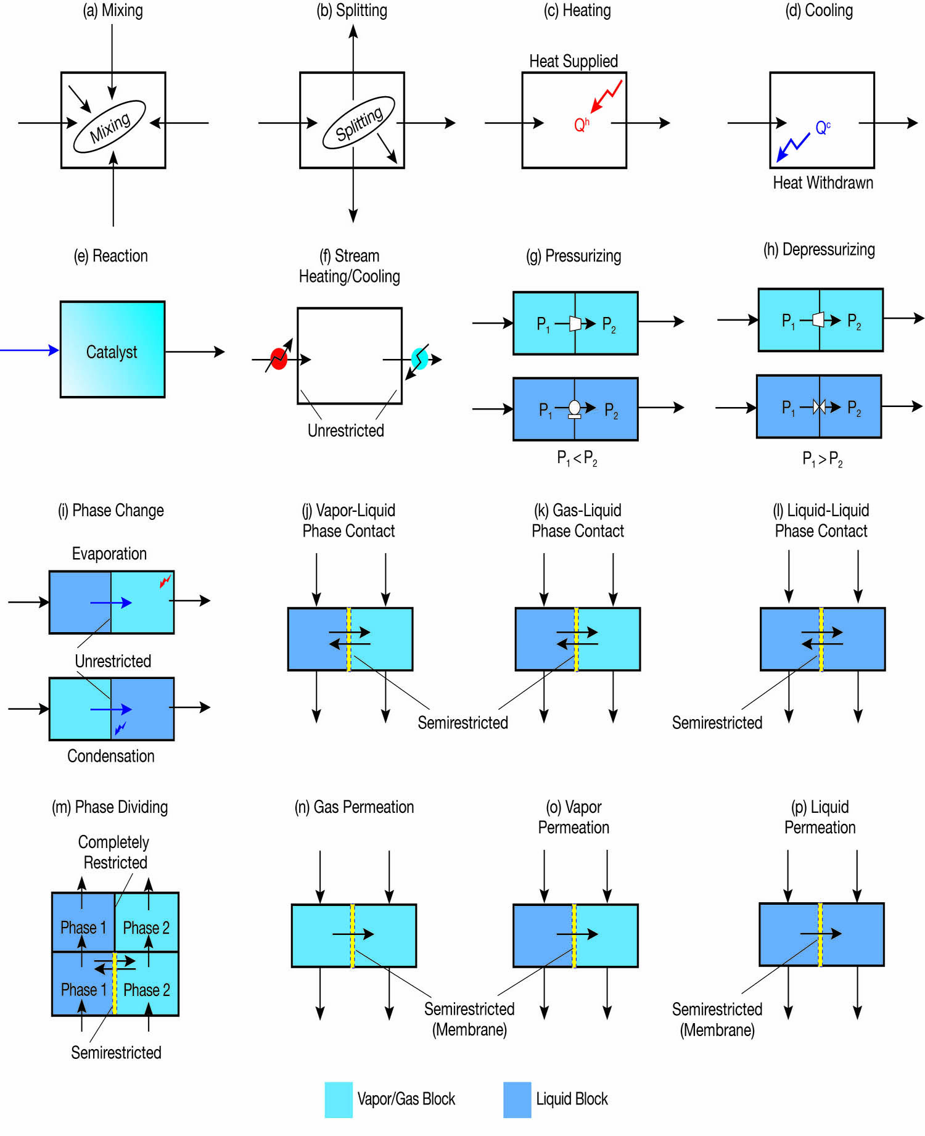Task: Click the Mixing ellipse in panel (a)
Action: pyautogui.click(x=110, y=126)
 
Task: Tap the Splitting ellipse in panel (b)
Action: pyautogui.click(x=359, y=123)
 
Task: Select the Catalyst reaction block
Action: pyautogui.click(x=112, y=350)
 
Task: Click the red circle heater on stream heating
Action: pyautogui.click(x=279, y=358)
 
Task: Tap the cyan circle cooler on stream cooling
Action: pyautogui.click(x=419, y=358)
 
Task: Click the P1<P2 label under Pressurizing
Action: pyautogui.click(x=577, y=458)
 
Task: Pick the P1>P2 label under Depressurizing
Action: pyautogui.click(x=822, y=459)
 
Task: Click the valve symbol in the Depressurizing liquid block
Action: pyautogui.click(x=819, y=406)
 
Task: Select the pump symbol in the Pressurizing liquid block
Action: pyautogui.click(x=574, y=408)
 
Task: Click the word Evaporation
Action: pyautogui.click(x=109, y=553)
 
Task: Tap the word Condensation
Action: pyautogui.click(x=111, y=756)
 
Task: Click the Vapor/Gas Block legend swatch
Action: pyautogui.click(x=339, y=1100)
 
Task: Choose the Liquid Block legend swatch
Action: pyautogui.click(x=517, y=1100)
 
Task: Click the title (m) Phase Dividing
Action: pyautogui.click(x=110, y=807)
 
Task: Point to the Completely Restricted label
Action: pyautogui.click(x=114, y=852)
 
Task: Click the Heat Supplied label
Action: pyautogui.click(x=573, y=61)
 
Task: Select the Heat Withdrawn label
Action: pyautogui.click(x=823, y=183)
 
